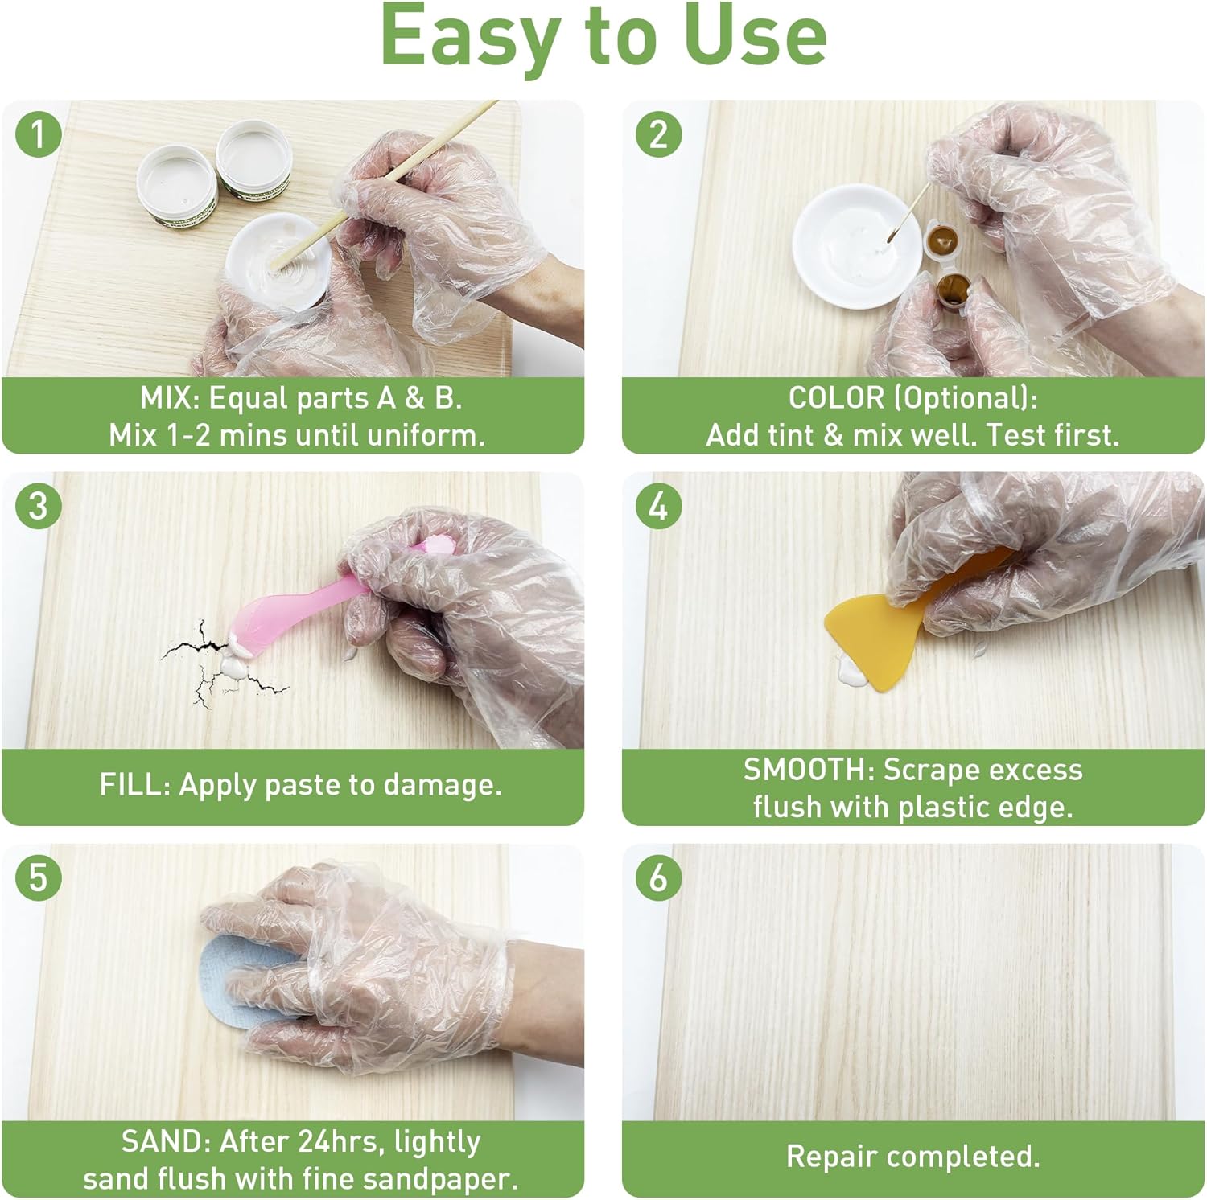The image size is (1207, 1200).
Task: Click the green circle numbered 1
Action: point(38,134)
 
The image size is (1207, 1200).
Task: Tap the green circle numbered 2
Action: point(658,134)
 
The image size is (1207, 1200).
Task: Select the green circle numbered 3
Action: point(38,506)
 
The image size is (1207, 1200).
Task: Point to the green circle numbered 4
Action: point(658,506)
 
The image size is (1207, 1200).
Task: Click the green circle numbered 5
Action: point(38,877)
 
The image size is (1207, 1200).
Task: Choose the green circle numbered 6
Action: point(658,877)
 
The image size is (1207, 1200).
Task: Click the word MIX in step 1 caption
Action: point(169,398)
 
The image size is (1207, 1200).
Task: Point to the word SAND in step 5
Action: point(165,1141)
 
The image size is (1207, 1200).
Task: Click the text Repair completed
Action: point(912,1157)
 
